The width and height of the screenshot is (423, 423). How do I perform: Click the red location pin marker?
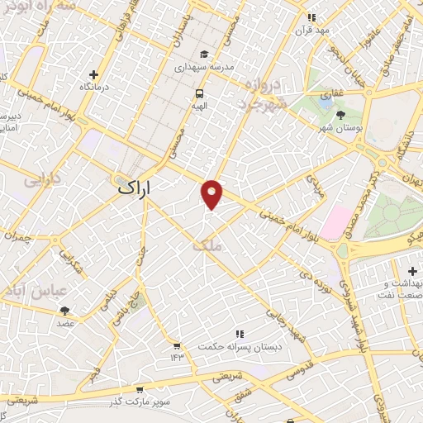point(212,193)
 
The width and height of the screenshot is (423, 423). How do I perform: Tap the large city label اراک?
point(131,188)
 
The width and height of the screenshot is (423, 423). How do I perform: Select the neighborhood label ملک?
point(207,245)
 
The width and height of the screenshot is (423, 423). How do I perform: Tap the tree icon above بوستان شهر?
point(340,115)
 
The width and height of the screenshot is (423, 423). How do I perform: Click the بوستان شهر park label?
point(341,128)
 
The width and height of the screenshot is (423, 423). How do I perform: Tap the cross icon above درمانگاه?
point(94,74)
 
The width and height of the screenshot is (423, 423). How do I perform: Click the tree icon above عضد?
point(64,311)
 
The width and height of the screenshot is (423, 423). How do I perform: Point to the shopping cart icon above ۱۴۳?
point(176,345)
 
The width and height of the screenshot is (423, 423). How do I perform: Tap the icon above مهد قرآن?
point(311,17)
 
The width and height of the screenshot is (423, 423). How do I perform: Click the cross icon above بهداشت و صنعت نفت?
point(411,271)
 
